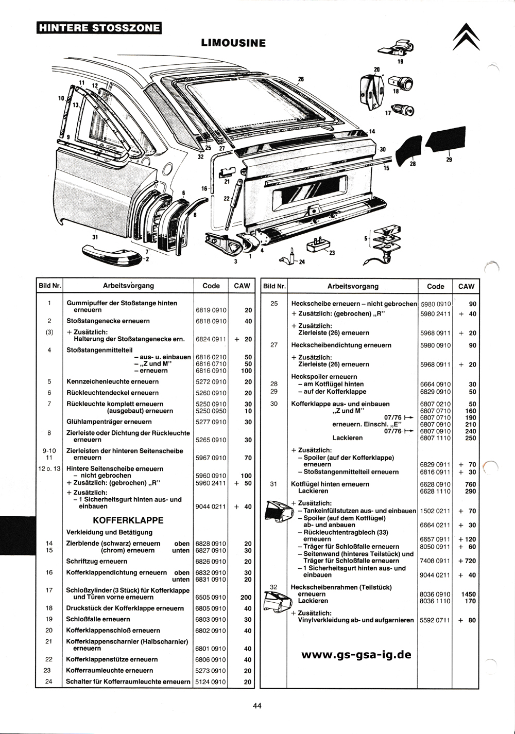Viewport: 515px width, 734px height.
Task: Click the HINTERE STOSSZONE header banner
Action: [x=99, y=27]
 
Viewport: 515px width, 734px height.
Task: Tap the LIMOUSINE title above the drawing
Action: [x=233, y=43]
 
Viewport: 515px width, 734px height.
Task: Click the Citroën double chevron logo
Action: [x=466, y=37]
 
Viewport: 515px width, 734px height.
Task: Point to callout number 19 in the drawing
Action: [x=400, y=61]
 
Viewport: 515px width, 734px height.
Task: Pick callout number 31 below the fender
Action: [x=95, y=237]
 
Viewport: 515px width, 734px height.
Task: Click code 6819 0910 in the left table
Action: [x=211, y=310]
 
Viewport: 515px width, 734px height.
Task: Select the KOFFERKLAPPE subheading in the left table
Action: [x=128, y=520]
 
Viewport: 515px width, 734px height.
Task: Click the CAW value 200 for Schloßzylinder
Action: [x=246, y=598]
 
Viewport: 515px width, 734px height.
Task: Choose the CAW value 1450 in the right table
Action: [x=468, y=594]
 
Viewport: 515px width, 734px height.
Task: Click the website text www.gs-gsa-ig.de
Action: [x=356, y=655]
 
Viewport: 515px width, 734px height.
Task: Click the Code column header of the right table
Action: [x=435, y=286]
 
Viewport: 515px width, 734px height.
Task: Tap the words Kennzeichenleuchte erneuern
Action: [x=112, y=382]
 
